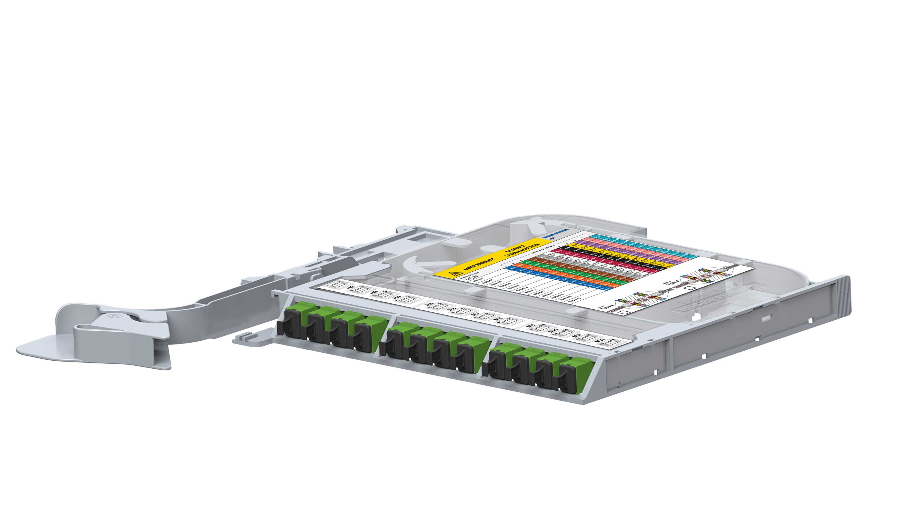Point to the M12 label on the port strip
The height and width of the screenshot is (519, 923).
[x=598, y=341]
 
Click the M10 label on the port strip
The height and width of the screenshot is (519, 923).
[x=553, y=331]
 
